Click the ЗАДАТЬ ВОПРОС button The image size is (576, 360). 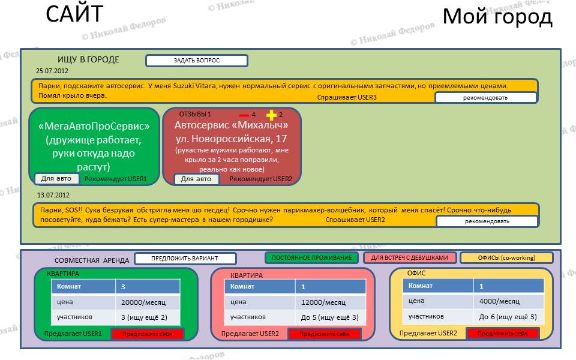click(197, 61)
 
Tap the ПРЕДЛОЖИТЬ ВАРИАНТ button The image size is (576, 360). click(185, 258)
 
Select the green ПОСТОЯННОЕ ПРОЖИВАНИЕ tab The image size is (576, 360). click(311, 258)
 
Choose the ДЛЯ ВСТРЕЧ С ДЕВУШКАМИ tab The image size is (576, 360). click(410, 258)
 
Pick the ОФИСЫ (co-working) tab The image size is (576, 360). click(506, 258)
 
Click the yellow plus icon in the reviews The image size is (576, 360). click(271, 115)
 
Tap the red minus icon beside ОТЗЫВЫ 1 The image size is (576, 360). click(244, 115)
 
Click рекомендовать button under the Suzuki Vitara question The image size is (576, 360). click(485, 98)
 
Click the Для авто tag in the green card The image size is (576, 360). click(56, 179)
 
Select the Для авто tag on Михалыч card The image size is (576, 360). click(196, 179)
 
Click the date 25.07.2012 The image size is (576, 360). click(52, 71)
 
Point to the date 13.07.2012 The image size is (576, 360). click(53, 195)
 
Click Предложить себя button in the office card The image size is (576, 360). click(503, 334)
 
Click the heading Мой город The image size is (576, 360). click(497, 17)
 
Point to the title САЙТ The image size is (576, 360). click(74, 14)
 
